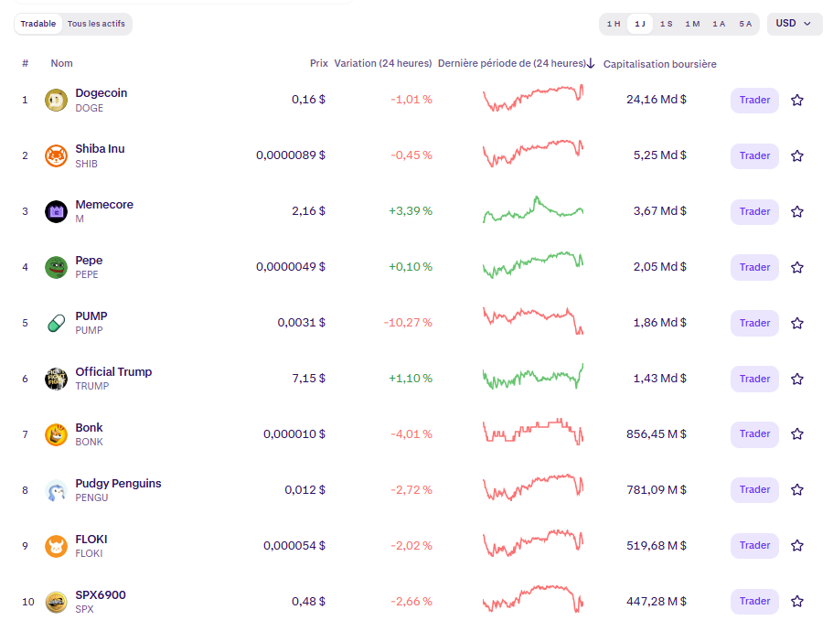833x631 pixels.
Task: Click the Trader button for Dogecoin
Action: [x=754, y=100]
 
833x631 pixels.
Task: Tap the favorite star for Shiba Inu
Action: [x=797, y=155]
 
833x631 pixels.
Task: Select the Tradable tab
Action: [x=38, y=24]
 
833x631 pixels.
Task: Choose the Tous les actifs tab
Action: [x=97, y=24]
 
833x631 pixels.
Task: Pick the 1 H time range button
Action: [x=614, y=24]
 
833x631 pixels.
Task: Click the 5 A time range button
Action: [x=745, y=24]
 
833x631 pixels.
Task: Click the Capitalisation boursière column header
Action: [x=660, y=64]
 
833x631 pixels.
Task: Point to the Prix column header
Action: [x=318, y=63]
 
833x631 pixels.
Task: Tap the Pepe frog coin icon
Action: [x=56, y=267]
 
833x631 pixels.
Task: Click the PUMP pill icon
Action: [x=56, y=323]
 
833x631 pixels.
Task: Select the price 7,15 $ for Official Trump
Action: [x=308, y=378]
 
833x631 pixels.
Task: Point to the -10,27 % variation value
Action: [x=411, y=323]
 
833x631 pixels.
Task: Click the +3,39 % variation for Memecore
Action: [x=410, y=211]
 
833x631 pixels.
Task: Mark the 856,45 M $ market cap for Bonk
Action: [x=657, y=433]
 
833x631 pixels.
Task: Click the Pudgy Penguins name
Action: [x=118, y=483]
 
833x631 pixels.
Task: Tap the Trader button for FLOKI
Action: [x=754, y=545]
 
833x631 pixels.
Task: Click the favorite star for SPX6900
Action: [x=797, y=601]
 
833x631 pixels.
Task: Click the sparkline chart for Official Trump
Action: [x=533, y=377]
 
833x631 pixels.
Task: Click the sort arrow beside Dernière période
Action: [x=591, y=63]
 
